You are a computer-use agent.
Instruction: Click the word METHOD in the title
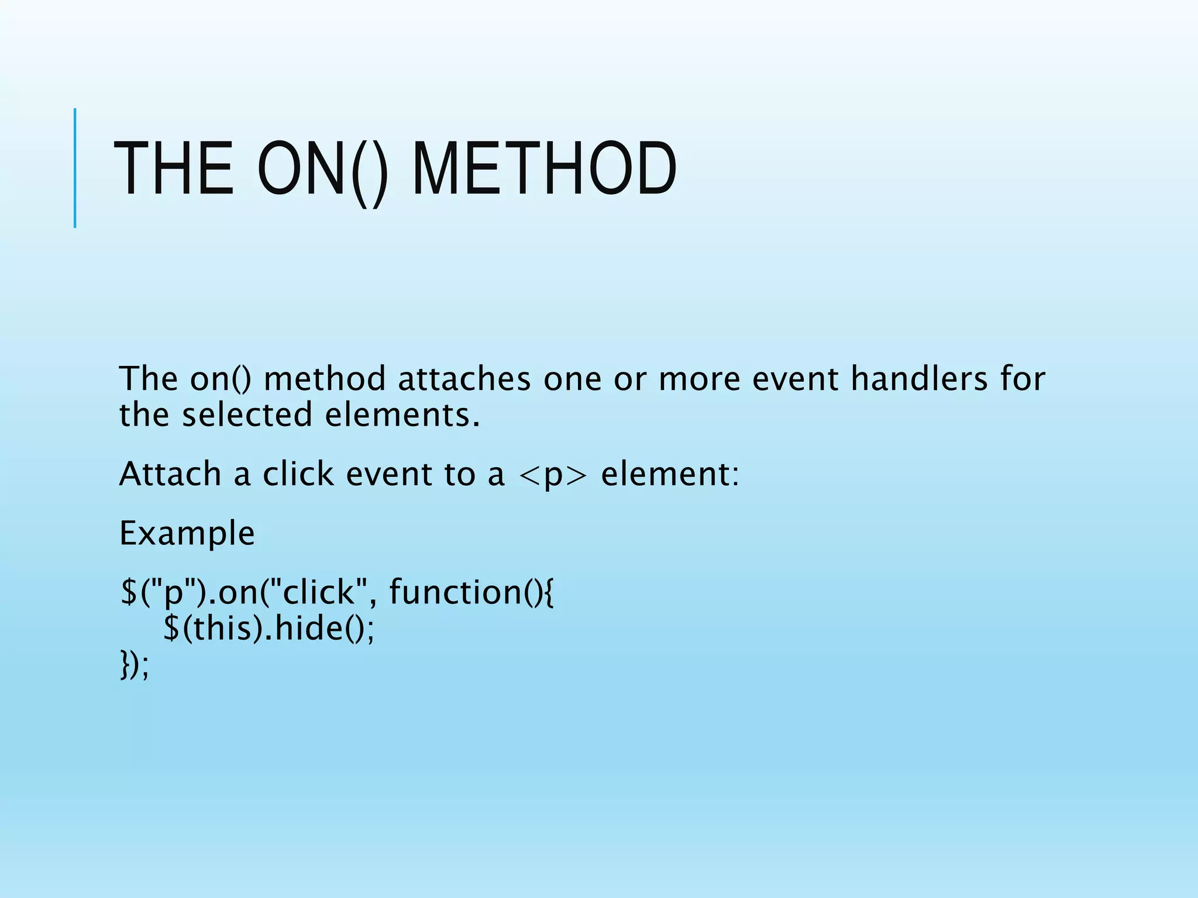coord(544,169)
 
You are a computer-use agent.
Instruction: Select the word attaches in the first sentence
coord(464,378)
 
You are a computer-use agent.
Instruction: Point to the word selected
coord(247,415)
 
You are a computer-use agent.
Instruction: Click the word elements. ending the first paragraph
coord(402,415)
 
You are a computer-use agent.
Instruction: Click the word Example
coord(187,533)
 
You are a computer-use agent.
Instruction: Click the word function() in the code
coord(471,592)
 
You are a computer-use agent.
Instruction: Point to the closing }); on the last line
coord(135,665)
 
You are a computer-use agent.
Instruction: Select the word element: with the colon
coord(670,474)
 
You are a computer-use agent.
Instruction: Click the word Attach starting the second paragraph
coord(170,474)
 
